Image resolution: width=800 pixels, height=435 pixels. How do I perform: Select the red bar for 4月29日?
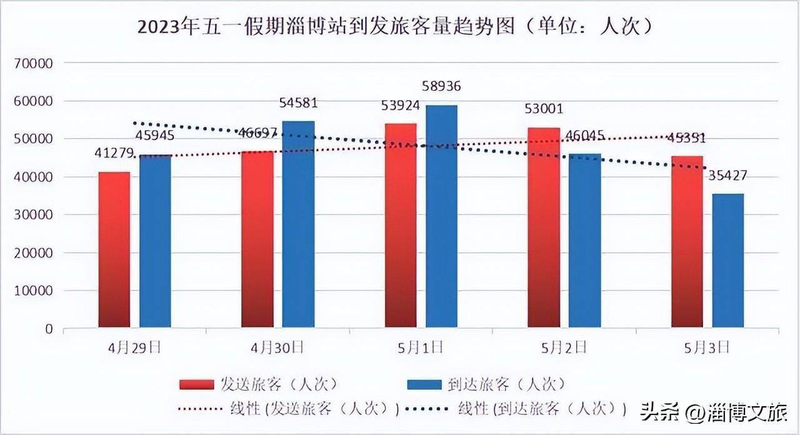pos(114,249)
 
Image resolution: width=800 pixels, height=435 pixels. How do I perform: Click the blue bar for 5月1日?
pos(441,216)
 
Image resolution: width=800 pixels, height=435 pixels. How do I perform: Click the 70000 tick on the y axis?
pos(36,63)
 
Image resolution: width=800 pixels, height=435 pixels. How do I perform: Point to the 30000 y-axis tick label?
pos(36,215)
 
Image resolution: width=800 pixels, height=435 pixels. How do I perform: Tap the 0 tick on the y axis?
pos(49,329)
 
